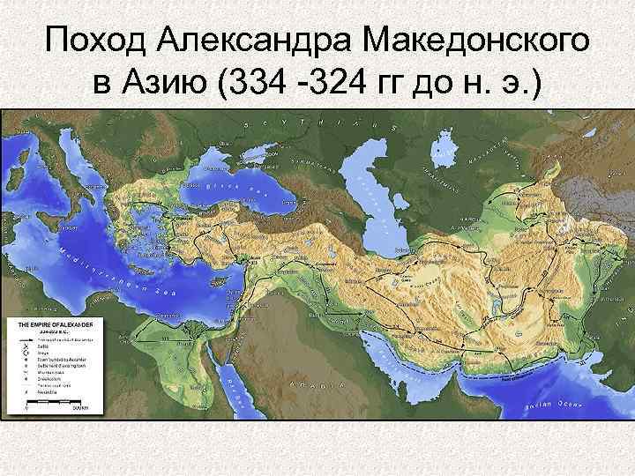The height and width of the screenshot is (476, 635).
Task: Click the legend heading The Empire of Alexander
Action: (x=56, y=325)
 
